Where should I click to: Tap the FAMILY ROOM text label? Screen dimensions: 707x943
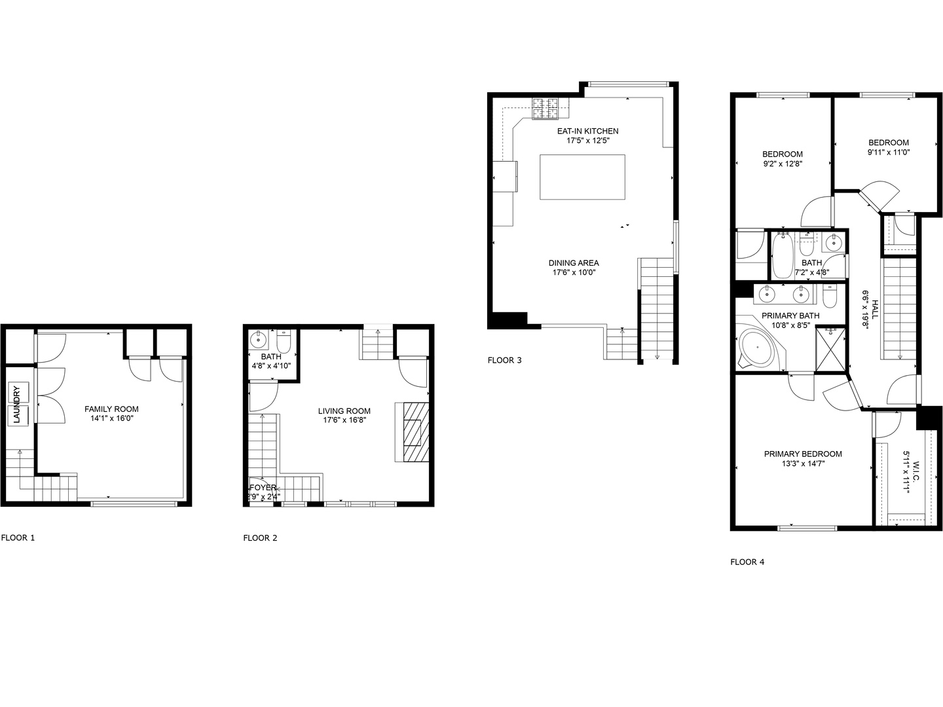click(x=111, y=409)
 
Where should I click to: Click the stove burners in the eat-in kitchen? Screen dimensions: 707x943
click(x=545, y=109)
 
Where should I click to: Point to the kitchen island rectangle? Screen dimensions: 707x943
click(x=582, y=177)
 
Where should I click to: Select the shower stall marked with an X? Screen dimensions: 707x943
click(x=830, y=349)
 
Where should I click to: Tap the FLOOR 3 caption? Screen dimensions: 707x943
click(x=504, y=360)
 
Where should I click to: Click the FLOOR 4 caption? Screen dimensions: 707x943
click(x=747, y=562)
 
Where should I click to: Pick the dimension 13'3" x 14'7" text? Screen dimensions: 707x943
click(x=802, y=463)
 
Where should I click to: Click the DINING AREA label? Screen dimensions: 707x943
click(x=573, y=263)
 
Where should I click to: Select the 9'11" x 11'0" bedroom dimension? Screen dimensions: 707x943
click(x=888, y=152)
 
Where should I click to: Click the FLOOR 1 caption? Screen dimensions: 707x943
click(x=18, y=538)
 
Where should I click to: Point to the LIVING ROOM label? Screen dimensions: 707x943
click(x=344, y=411)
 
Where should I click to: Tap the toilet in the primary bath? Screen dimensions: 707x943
click(x=829, y=299)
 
